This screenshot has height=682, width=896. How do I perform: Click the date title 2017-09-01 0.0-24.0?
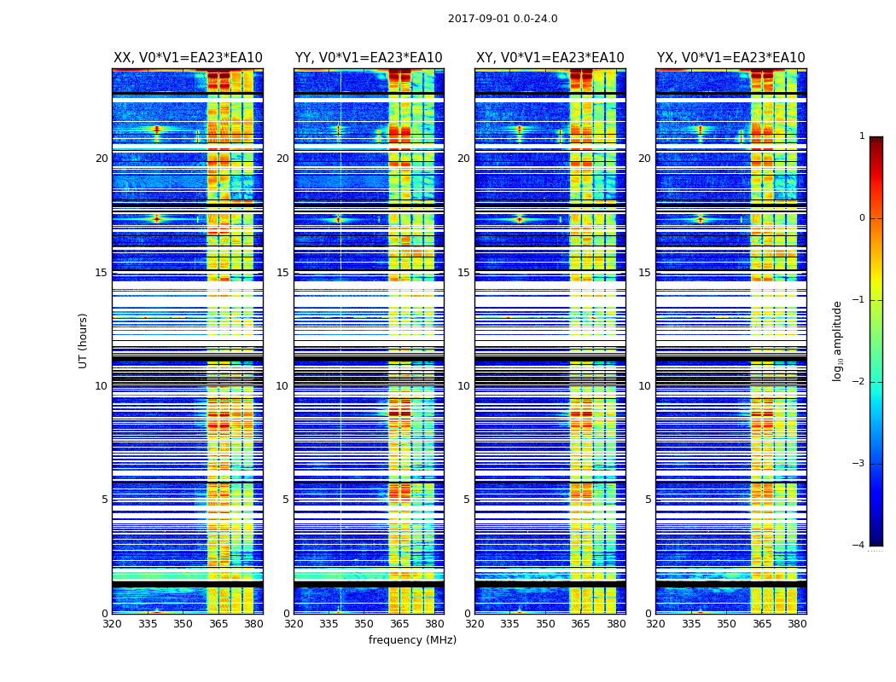503,19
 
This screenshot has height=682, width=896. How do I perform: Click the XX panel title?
188,58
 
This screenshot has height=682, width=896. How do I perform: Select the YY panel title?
369,58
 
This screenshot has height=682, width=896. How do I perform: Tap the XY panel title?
550,58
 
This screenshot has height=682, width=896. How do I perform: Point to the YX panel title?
730,58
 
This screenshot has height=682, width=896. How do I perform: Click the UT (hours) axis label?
84,340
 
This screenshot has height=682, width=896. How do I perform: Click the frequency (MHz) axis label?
412,640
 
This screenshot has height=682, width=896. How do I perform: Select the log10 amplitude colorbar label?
838,340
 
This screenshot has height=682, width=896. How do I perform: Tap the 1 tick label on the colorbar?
861,136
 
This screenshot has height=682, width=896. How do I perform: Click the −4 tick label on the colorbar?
858,546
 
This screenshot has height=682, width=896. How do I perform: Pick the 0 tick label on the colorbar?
861,218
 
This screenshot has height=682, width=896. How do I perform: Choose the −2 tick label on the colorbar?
858,382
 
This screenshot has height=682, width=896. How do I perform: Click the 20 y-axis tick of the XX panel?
102,159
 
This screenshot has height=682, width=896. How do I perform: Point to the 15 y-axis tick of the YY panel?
282,273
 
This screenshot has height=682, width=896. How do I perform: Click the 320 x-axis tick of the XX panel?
112,624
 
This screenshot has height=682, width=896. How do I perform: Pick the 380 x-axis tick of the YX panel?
797,624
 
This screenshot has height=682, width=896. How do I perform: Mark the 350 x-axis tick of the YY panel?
364,624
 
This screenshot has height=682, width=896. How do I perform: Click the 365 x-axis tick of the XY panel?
580,624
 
